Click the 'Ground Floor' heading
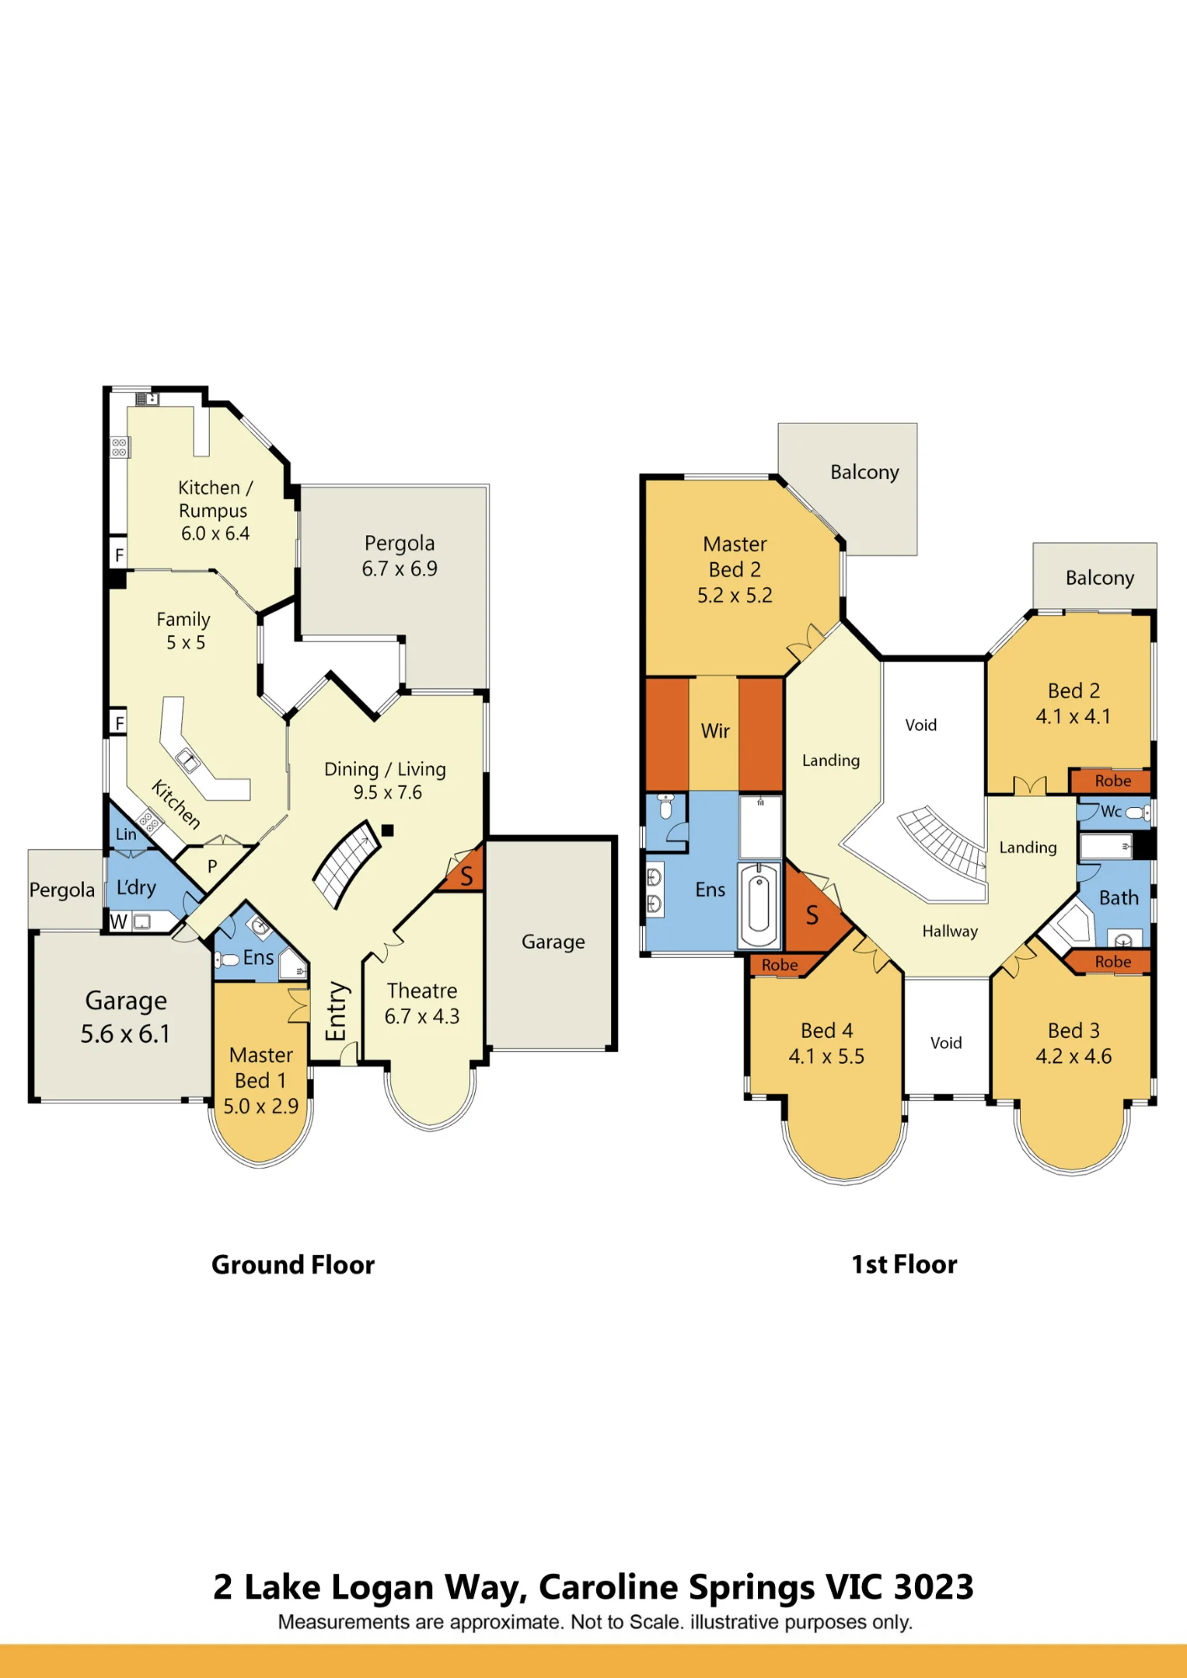point(293,1264)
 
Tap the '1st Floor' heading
point(904,1264)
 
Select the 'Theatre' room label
point(422,991)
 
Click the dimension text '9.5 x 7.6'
point(387,792)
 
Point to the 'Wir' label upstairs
point(715,731)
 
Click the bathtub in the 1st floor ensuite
point(759,905)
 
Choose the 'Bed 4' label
point(827,1030)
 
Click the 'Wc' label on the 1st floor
point(1111,811)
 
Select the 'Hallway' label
point(950,931)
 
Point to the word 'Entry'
point(336,1011)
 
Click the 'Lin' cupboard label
point(126,834)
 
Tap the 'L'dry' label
point(136,888)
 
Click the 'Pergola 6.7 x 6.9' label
point(400,555)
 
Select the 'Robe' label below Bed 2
point(1113,781)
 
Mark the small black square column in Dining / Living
point(388,831)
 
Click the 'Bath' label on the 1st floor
point(1119,898)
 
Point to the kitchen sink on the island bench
point(187,760)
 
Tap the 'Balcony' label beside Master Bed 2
point(865,472)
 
